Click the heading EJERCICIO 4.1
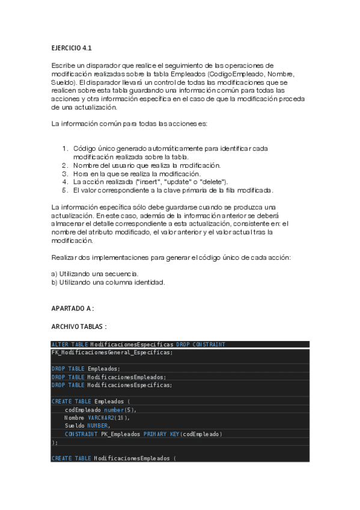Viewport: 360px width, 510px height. pos(71,48)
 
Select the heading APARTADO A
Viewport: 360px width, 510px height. pos(73,309)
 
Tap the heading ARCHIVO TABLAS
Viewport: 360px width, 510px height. pos(79,327)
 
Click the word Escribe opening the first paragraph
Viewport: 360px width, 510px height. pos(64,65)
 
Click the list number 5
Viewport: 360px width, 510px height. pos(65,191)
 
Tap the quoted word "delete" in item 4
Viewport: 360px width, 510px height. pos(213,182)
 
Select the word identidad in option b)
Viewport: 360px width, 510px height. pos(149,282)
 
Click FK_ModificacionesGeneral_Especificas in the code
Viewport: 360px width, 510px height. pos(111,352)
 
